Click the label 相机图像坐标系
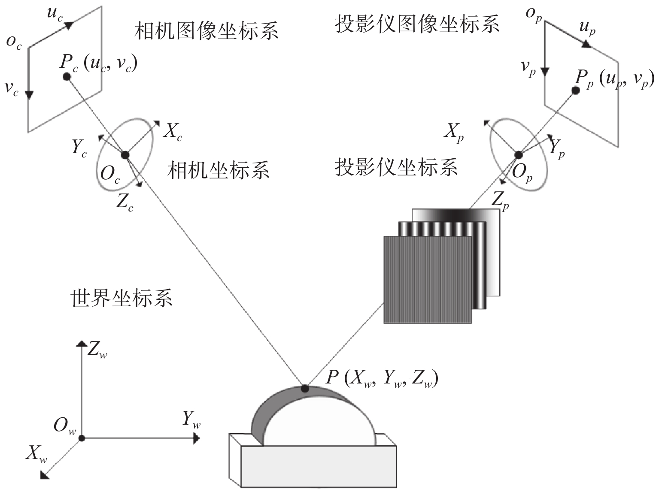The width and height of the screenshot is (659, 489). [x=206, y=31]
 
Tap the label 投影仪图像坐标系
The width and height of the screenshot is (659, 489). [x=417, y=24]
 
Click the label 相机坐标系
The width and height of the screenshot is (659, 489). [x=219, y=170]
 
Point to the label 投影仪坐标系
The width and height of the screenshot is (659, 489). [x=396, y=167]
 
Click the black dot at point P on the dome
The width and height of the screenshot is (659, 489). [x=305, y=389]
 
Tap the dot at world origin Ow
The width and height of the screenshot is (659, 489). [x=82, y=438]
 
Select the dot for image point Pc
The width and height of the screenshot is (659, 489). [x=67, y=77]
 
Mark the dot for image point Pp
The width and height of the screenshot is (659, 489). [x=576, y=91]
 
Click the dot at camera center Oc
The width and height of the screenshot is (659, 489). [x=125, y=155]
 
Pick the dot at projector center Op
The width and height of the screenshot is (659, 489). [x=519, y=155]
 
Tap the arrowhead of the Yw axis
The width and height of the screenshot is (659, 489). [x=196, y=438]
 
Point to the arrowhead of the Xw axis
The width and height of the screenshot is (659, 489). [x=44, y=475]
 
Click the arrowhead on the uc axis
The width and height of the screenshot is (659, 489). [x=69, y=26]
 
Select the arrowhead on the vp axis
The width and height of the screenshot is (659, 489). [x=545, y=72]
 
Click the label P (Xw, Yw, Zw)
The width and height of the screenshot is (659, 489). [x=382, y=379]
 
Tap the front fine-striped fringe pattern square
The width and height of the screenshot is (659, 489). [x=428, y=280]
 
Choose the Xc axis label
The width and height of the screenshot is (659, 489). [x=173, y=132]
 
